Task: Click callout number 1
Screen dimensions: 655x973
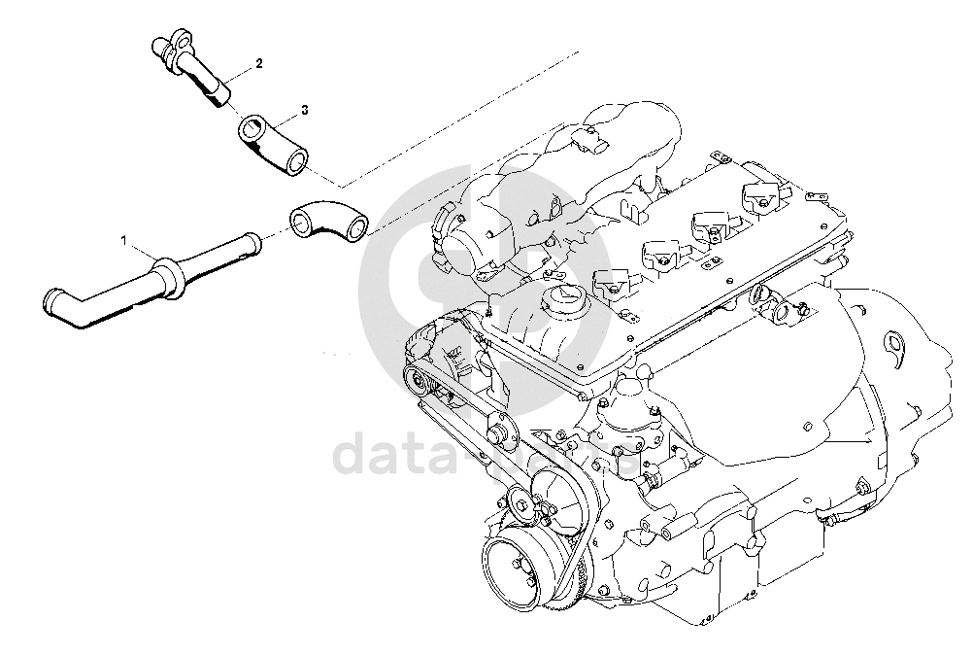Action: [124, 238]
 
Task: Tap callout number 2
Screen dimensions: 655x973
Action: [259, 63]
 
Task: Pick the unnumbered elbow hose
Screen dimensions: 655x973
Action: [327, 220]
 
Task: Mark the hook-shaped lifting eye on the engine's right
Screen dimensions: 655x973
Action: [897, 342]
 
